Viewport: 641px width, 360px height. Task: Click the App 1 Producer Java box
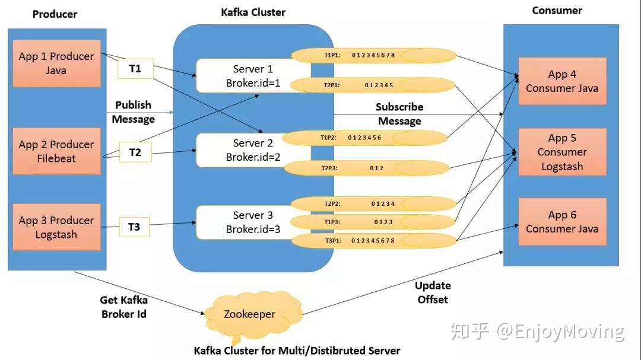tap(56, 63)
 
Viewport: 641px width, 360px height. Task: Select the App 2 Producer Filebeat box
tap(56, 151)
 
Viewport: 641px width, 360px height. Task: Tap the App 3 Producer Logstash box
tap(56, 227)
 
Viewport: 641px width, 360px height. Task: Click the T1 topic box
tap(135, 69)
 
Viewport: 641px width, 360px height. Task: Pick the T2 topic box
tap(135, 152)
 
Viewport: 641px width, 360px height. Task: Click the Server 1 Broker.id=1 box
tap(253, 76)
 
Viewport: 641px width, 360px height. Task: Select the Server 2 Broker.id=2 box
tap(253, 150)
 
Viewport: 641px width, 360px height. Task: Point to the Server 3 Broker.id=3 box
tap(253, 222)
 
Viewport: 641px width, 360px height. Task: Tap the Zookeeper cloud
tap(249, 314)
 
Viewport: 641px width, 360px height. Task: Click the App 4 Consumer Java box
tap(562, 81)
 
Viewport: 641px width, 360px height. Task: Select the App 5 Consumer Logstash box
tap(562, 152)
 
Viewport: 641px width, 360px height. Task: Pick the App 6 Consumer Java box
tap(562, 222)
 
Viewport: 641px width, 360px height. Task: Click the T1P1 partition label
tap(331, 56)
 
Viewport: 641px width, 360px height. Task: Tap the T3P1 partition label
tap(332, 241)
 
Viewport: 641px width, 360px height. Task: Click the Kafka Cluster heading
tap(253, 12)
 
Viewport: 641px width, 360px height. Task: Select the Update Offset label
tap(433, 292)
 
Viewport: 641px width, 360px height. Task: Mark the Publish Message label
tap(134, 112)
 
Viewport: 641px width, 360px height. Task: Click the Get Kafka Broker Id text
tap(123, 307)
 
